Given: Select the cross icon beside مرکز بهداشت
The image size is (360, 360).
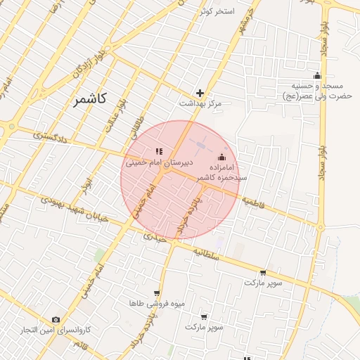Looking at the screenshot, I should pyautogui.click(x=200, y=93).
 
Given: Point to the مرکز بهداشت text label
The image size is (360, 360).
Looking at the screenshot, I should pyautogui.click(x=200, y=104).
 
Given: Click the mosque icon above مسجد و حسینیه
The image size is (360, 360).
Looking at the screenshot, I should pyautogui.click(x=317, y=76).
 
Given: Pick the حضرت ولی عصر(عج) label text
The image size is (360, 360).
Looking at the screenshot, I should pyautogui.click(x=316, y=95).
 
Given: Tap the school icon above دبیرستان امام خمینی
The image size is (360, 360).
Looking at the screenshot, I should pyautogui.click(x=159, y=151).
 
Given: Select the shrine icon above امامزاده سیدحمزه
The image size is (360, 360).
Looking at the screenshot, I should pyautogui.click(x=223, y=157).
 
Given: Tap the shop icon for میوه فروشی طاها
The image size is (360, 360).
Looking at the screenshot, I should pyautogui.click(x=157, y=293).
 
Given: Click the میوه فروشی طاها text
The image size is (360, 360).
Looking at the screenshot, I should pyautogui.click(x=156, y=304).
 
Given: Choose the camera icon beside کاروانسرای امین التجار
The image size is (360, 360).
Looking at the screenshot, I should pyautogui.click(x=56, y=320).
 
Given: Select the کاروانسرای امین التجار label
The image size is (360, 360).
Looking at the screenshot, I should pyautogui.click(x=56, y=330).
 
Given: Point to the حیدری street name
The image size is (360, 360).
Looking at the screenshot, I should pyautogui.click(x=154, y=238).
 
